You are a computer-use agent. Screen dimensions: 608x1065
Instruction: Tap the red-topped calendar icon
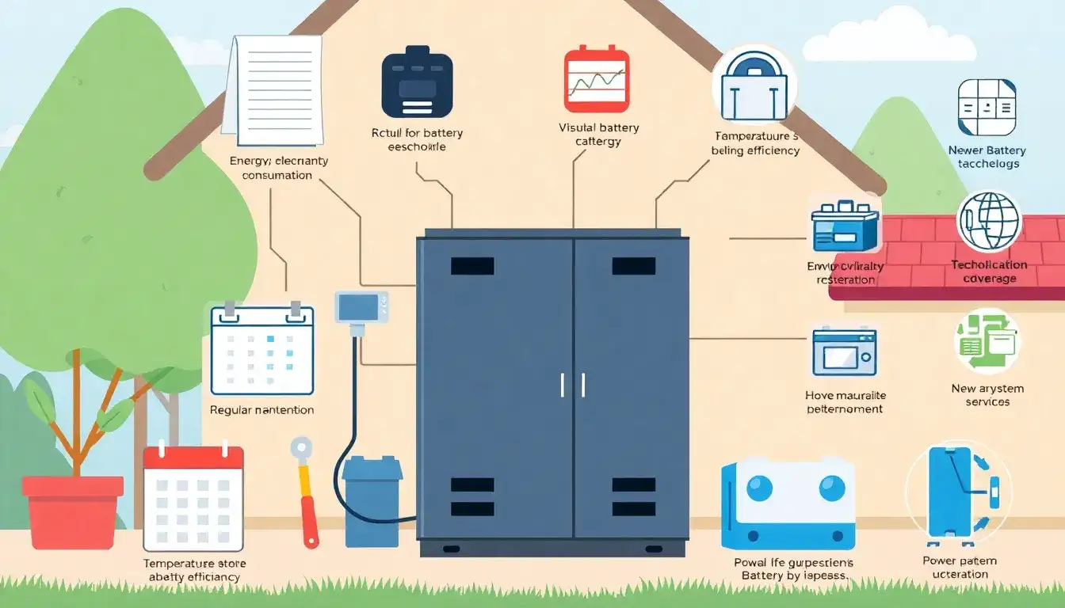tap(193, 498)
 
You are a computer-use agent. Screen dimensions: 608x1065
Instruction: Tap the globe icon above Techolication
tap(989, 222)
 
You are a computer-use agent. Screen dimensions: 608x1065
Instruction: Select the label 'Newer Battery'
tap(987, 150)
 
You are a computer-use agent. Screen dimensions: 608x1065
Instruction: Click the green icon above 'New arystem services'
tap(987, 341)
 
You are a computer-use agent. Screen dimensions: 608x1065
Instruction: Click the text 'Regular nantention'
tap(261, 410)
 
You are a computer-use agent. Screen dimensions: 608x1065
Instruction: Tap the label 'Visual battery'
tap(598, 127)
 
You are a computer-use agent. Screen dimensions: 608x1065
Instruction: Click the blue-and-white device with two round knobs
tap(788, 503)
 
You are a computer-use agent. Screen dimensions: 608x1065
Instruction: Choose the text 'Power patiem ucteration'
tap(960, 567)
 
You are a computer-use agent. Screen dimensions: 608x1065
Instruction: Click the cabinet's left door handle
tap(563, 385)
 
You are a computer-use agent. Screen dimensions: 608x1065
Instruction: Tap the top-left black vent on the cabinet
tap(472, 266)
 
